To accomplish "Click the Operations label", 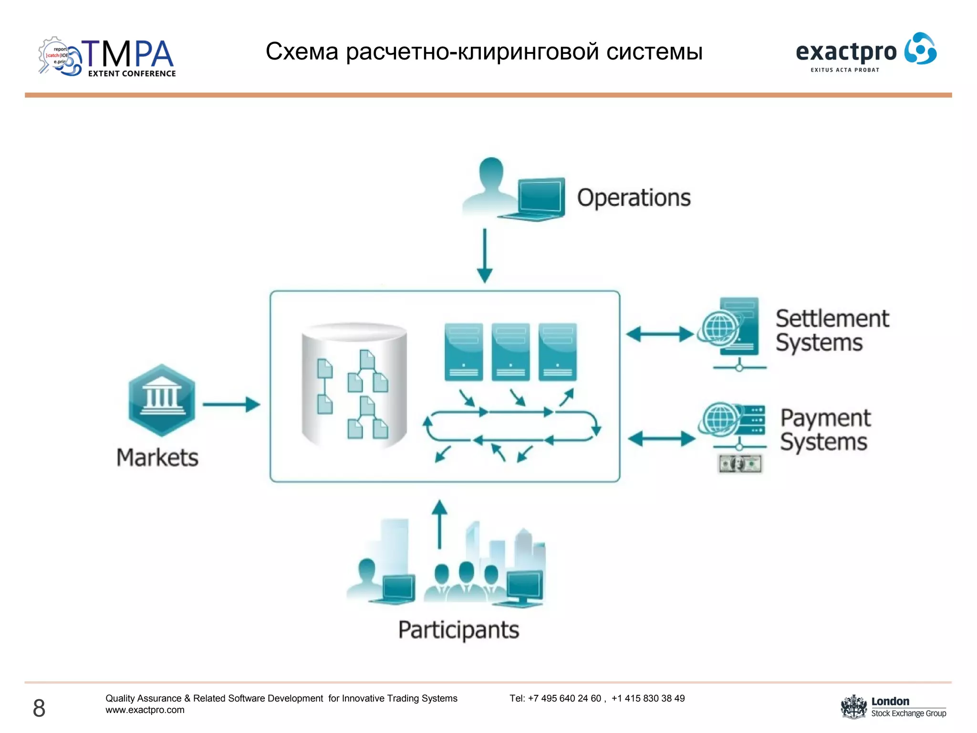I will coord(634,198).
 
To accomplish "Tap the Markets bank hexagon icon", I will coord(162,400).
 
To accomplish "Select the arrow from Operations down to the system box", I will coord(485,255).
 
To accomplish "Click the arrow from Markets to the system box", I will coord(231,404).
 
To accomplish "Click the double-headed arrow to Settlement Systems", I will coord(660,334).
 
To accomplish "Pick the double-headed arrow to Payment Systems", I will coord(661,438).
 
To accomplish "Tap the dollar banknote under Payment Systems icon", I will coord(740,463).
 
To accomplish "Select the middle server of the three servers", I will coord(510,352).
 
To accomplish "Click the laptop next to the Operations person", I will coord(540,199).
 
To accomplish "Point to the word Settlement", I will coord(832,318).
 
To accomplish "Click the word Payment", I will coord(825,418).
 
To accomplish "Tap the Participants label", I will coord(458,630).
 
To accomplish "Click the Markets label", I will coord(157,457).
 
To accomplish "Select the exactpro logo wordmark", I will coord(846,52).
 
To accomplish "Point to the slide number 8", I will coord(39,708).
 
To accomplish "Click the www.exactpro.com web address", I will coord(145,710).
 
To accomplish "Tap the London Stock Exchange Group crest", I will coord(853,707).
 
